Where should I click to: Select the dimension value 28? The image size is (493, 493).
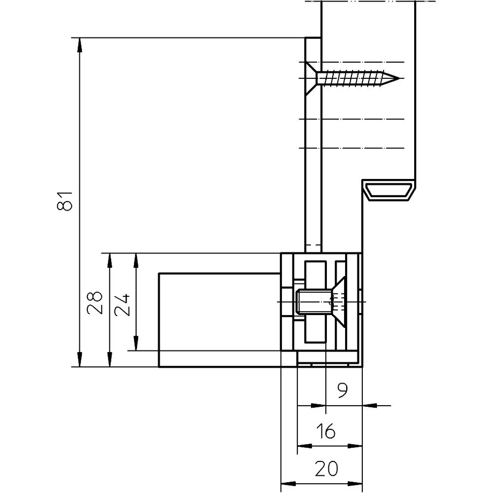click(95, 303)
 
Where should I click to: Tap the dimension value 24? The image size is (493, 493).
click(122, 305)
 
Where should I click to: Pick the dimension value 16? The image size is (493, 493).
click(326, 431)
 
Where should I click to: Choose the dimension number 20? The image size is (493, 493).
click(326, 468)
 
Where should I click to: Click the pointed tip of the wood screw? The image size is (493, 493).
click(399, 78)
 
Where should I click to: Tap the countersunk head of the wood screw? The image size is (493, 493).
click(311, 78)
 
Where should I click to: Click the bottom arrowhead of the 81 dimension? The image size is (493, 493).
click(79, 360)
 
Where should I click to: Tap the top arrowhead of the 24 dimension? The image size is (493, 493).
click(136, 260)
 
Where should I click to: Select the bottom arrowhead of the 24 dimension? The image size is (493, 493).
click(136, 343)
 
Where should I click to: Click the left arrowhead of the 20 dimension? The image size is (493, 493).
click(288, 484)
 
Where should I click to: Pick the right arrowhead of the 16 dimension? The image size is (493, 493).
click(355, 446)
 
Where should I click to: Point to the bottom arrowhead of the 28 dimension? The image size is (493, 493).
click(109, 360)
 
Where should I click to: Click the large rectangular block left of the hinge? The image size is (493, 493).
click(219, 320)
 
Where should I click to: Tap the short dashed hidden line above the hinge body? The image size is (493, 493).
click(313, 245)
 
